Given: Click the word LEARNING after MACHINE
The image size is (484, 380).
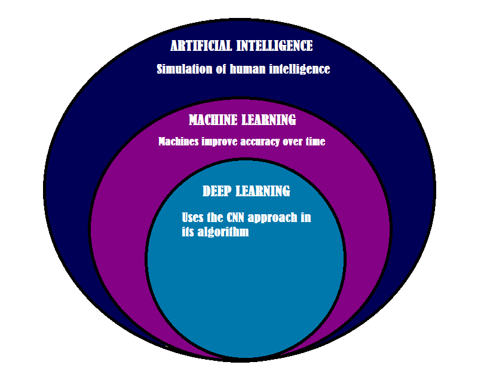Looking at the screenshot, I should pos(269,120).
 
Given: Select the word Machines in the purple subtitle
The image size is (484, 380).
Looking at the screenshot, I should pos(177,142).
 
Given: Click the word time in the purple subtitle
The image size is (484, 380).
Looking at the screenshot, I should pos(315,142).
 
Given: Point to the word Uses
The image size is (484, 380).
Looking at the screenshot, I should pos(192,218).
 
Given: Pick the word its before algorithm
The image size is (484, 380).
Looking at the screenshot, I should pos(188,233).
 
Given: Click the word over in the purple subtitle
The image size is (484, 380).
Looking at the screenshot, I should pos(293,142).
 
